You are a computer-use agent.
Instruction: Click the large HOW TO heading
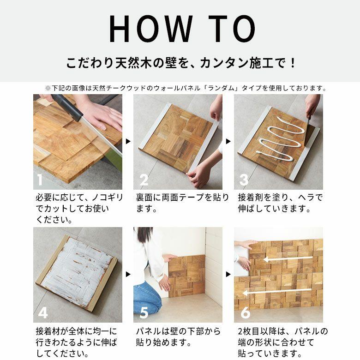tap(181, 30)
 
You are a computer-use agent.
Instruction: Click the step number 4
tap(42, 312)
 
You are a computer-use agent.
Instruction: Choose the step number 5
tap(144, 312)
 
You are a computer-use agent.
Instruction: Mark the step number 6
tap(245, 312)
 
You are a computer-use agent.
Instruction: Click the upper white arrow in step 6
tap(286, 260)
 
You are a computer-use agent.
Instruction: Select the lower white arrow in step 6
tap(277, 292)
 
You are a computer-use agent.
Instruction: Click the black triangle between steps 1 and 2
tap(128, 142)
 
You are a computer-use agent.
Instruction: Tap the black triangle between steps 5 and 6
tap(228, 275)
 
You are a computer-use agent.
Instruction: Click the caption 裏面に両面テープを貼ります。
tap(182, 203)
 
